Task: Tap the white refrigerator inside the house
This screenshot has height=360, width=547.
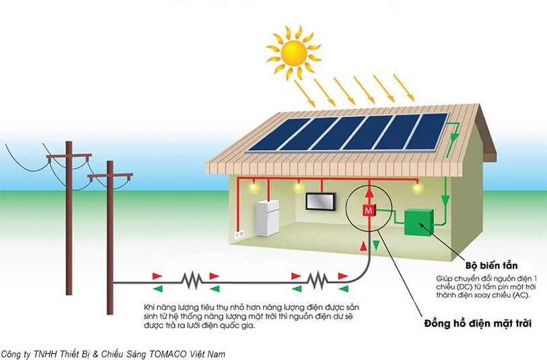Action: click(266, 217)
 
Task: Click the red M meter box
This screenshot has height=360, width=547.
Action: click(367, 210)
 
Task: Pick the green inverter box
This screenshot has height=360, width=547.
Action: click(418, 221)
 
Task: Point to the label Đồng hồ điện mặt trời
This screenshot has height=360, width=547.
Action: click(478, 324)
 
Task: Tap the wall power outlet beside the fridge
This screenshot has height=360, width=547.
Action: click(238, 235)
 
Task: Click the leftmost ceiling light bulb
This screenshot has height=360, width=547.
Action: click(255, 189)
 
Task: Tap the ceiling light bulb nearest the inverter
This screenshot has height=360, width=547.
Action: click(417, 188)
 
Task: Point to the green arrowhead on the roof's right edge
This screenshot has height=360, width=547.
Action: click(455, 139)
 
